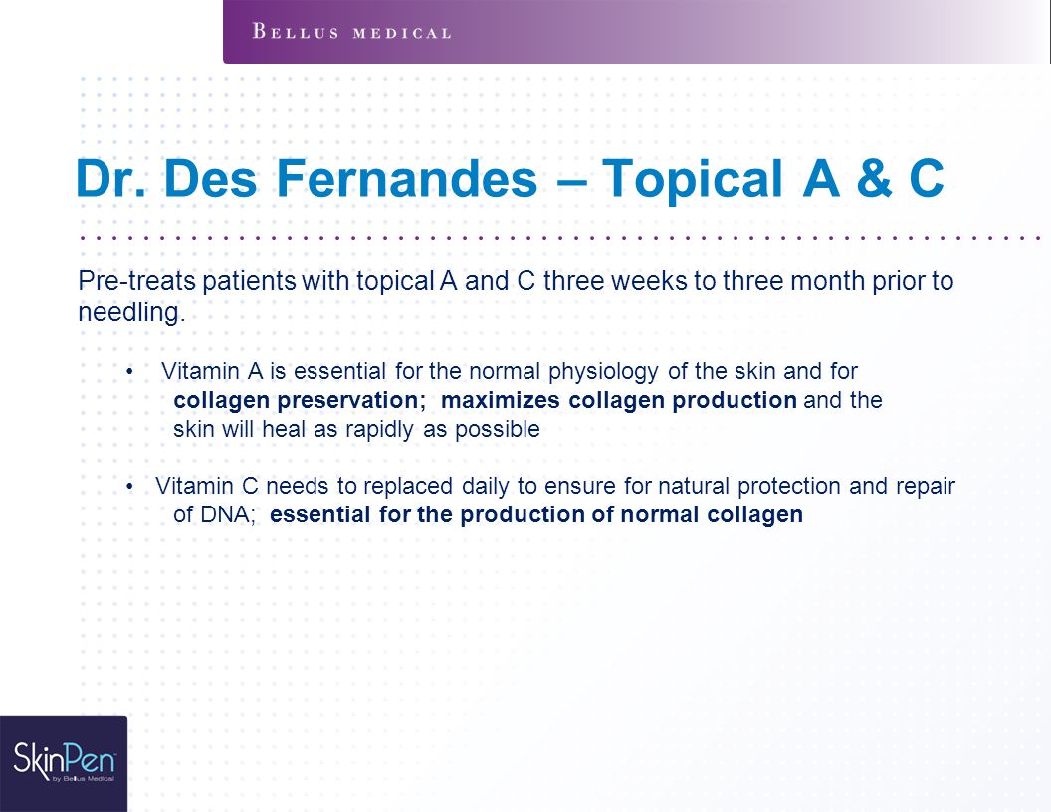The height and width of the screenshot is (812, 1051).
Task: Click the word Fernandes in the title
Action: pyautogui.click(x=407, y=178)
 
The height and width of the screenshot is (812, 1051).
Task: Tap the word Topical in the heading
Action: pyautogui.click(x=693, y=179)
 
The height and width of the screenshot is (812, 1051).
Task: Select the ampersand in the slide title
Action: pyautogui.click(x=874, y=178)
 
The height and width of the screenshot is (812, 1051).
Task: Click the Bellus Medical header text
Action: pyautogui.click(x=352, y=32)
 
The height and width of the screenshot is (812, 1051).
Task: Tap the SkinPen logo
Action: pyautogui.click(x=65, y=762)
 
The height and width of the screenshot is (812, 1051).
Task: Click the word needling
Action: pyautogui.click(x=131, y=312)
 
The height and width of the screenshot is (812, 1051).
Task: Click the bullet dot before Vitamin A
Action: pyautogui.click(x=130, y=372)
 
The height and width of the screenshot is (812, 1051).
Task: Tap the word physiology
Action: pyautogui.click(x=603, y=372)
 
